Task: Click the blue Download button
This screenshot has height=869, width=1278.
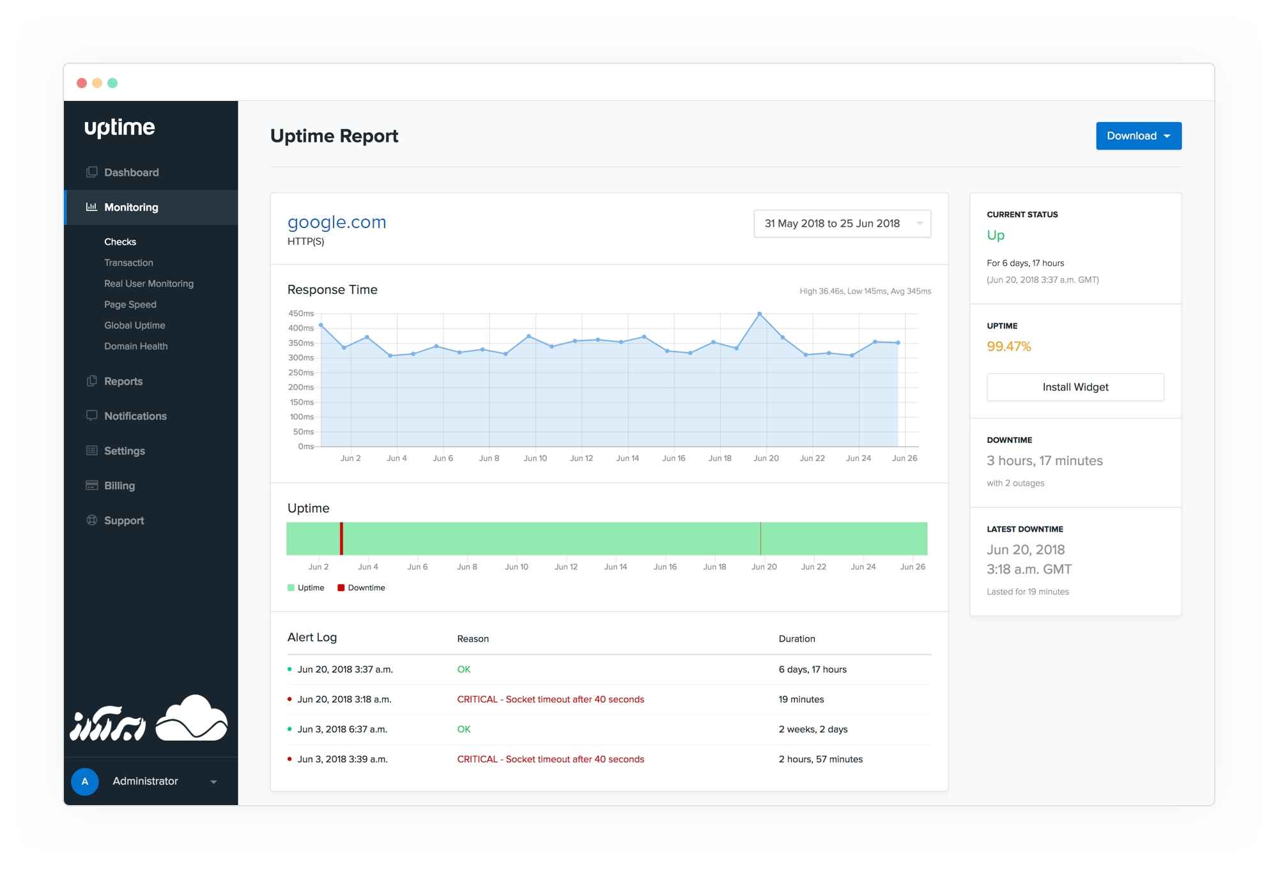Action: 1138,136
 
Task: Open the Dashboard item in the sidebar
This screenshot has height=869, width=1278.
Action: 131,173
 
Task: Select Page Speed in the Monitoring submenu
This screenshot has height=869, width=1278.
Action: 130,305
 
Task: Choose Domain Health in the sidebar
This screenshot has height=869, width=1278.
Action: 135,346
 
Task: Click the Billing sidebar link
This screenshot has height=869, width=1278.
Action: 119,486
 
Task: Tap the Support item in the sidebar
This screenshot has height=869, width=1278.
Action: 124,521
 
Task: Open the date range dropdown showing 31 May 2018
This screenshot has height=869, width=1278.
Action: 842,224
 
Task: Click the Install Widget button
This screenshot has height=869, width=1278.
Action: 1075,387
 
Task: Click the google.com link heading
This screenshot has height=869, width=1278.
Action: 337,222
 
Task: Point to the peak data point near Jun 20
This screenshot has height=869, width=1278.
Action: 759,314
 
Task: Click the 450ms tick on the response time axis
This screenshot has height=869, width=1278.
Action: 301,314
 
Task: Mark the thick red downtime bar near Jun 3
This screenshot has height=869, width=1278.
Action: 341,539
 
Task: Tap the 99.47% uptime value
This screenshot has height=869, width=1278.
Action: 1008,346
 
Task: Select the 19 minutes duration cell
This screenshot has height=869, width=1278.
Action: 801,700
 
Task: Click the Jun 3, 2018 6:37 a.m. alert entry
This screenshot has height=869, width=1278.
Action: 342,730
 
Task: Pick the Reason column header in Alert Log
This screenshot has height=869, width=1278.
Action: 473,639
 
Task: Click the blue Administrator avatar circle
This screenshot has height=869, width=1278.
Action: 85,781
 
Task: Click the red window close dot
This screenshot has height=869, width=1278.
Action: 82,83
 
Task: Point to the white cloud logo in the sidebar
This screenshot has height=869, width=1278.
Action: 192,719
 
